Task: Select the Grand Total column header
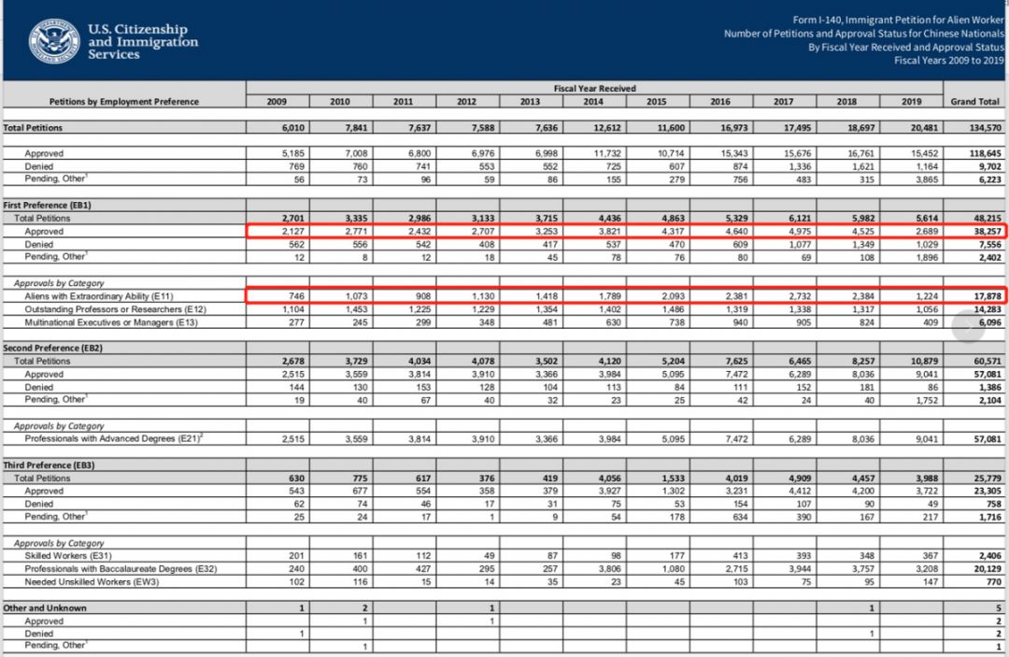(974, 101)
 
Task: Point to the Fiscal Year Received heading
(594, 89)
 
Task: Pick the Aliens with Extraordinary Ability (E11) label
(102, 295)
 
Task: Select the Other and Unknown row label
(45, 607)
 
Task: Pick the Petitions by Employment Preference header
(123, 101)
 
